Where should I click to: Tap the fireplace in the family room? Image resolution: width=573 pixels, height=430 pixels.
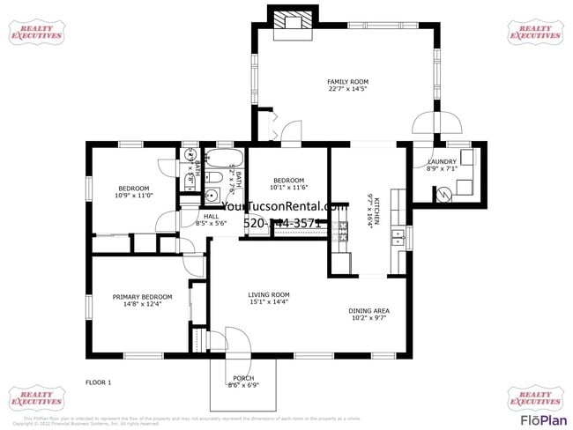[291, 22]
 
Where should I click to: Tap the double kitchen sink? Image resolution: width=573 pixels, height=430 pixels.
[399, 236]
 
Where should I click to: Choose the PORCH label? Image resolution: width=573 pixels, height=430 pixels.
[242, 381]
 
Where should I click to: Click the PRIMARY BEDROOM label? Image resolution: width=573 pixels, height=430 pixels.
[142, 300]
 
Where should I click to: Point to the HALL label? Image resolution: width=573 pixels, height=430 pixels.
[212, 219]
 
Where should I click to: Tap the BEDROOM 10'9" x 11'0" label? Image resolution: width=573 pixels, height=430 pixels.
[134, 191]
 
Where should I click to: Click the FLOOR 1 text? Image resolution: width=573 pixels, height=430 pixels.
[99, 382]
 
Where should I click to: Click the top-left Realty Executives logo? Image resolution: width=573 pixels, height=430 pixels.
[36, 32]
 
